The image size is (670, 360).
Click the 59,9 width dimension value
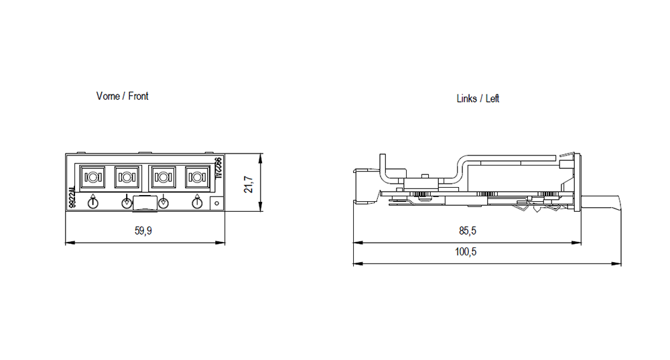click(143, 231)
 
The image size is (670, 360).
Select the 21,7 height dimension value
click(249, 184)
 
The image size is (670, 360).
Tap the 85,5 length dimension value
click(468, 231)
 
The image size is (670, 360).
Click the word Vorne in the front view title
click(108, 97)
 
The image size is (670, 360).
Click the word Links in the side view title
click(466, 99)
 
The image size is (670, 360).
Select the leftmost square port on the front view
click(91, 178)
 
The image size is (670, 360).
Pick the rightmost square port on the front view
click(196, 178)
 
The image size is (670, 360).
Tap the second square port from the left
click(126, 178)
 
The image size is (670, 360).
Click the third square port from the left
click(161, 178)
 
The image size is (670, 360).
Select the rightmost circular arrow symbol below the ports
click(197, 202)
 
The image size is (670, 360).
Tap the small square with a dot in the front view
click(216, 202)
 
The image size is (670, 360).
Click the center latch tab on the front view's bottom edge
click(145, 203)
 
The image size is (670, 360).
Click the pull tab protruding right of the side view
click(603, 200)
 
